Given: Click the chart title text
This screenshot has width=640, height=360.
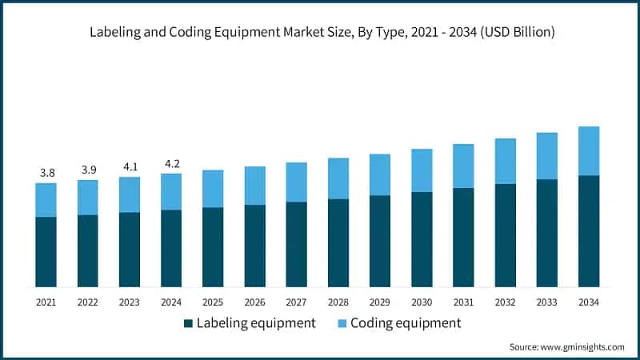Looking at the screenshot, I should point(320,32).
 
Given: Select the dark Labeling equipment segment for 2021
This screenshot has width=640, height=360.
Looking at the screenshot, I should point(46,251).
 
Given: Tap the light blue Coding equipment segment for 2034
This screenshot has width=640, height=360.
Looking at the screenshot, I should point(589,150).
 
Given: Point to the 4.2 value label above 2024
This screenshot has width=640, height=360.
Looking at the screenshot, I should point(171,164).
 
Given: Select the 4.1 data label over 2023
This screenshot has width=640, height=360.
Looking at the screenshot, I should point(129,167).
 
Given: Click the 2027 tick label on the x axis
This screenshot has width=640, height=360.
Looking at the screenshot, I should point(296,302).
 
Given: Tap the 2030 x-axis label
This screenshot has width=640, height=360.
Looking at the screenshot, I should point(422,302).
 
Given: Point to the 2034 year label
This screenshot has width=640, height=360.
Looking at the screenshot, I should point(589,302).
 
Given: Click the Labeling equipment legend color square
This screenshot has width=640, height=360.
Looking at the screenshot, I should point(188,323).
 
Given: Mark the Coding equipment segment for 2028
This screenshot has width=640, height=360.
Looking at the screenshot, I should point(338,178).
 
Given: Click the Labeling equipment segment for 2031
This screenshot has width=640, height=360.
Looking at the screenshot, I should point(463,237).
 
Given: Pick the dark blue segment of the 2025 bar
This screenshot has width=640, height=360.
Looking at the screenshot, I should point(213,246).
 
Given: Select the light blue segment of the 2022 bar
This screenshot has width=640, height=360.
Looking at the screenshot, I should point(87,197).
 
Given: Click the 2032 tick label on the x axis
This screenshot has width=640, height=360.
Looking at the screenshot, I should point(505,302).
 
